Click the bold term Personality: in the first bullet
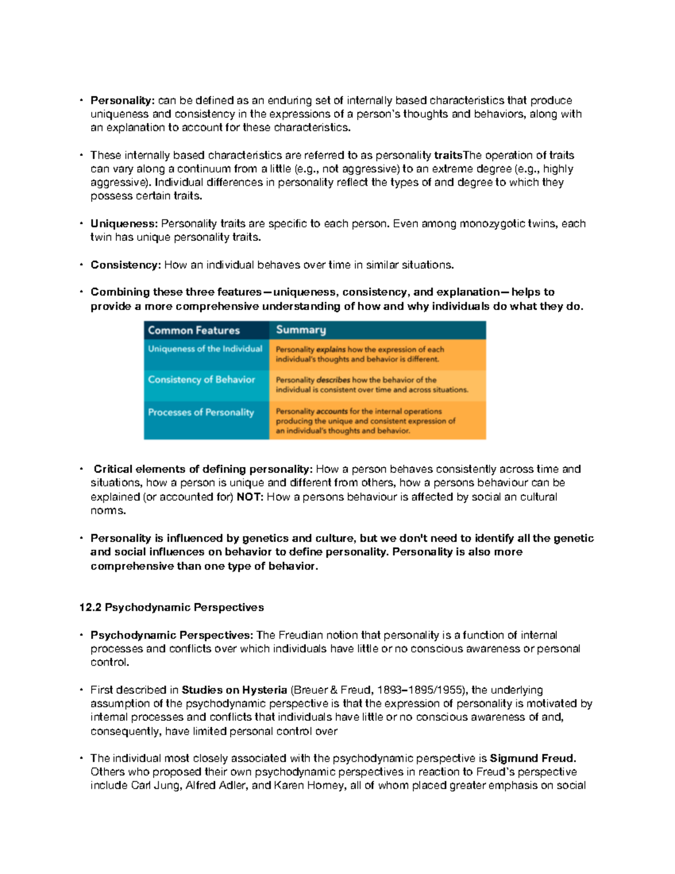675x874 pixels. click(x=122, y=101)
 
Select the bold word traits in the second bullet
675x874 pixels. click(x=448, y=155)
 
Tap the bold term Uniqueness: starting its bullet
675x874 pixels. click(x=124, y=224)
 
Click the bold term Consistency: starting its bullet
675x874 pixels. click(x=126, y=265)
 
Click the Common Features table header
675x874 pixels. click(x=193, y=330)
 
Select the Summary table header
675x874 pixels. click(x=301, y=330)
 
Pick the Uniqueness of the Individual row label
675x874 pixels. click(x=205, y=349)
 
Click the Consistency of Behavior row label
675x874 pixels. click(x=201, y=380)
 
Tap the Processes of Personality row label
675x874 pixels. click(x=201, y=413)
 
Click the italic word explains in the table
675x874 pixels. click(x=331, y=349)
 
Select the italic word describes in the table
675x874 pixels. click(x=333, y=380)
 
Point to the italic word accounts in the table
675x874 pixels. click(x=332, y=412)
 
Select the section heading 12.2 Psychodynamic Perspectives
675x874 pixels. click(x=172, y=607)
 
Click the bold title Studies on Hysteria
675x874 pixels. click(x=235, y=690)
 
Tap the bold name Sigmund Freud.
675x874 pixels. click(x=533, y=759)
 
